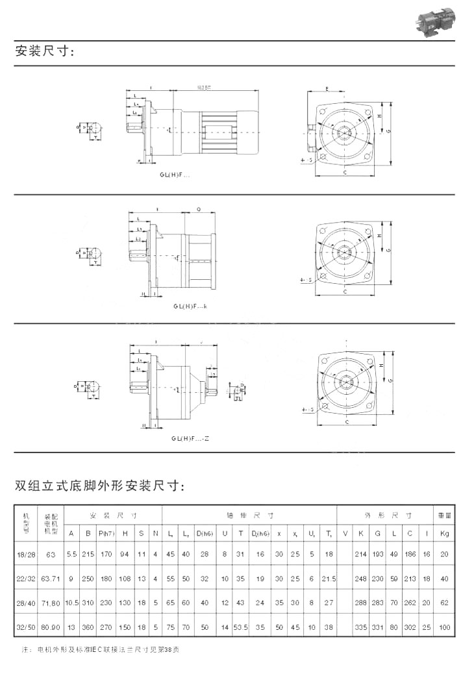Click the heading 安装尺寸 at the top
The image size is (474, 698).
coord(45,52)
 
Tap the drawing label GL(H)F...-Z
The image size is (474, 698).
coord(190,438)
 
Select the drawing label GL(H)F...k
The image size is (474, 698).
coord(190,306)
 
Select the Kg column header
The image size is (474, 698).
coord(444,533)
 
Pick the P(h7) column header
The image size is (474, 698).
coord(106,533)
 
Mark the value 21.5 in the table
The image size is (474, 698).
coord(329,579)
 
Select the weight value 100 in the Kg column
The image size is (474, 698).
coord(444,628)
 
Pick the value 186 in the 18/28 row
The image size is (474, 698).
coord(410,554)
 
